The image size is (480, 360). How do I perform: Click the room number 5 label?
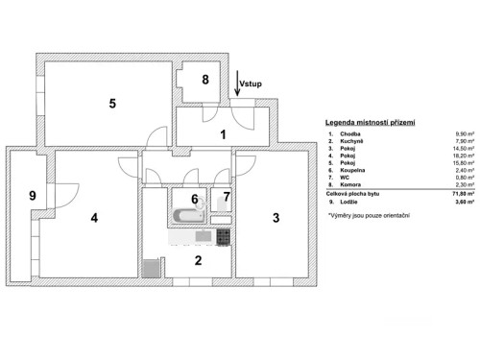(112, 103)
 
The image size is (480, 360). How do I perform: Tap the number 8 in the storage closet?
(204, 82)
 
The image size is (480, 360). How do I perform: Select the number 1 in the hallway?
(223, 134)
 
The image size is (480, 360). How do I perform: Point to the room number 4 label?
(94, 218)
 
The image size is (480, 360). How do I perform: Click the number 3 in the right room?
(276, 218)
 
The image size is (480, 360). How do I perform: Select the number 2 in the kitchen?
(198, 259)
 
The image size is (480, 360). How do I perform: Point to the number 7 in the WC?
(227, 199)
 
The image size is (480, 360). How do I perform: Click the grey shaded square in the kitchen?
(150, 268)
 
